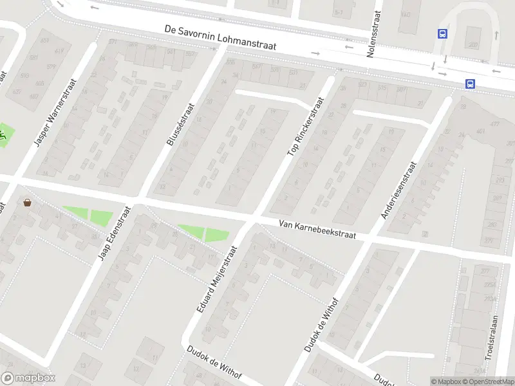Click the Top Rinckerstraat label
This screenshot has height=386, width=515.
click(303, 127)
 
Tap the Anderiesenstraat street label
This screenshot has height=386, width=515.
click(399, 189)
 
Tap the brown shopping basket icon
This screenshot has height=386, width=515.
click(28, 203)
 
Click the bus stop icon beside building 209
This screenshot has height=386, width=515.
click(443, 34)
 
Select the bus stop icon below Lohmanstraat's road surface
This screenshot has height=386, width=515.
click(470, 83)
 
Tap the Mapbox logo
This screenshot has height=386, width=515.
click(28, 378)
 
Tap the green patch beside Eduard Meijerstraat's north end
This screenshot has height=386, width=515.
click(216, 235)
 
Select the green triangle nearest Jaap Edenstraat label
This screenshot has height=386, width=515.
click(100, 217)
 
